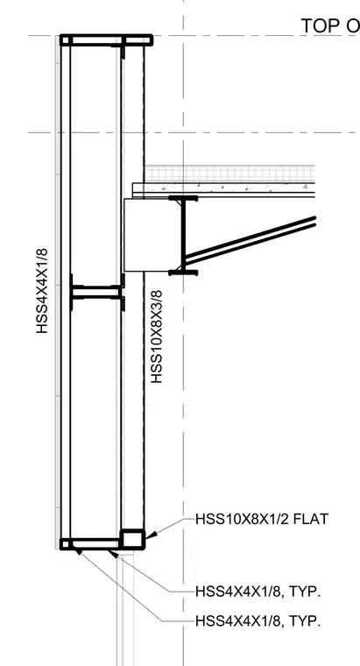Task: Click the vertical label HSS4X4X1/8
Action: [42, 291]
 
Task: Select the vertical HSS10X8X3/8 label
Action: [157, 337]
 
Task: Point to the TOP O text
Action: [330, 26]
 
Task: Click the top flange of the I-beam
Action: [183, 198]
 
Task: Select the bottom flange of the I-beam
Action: [183, 273]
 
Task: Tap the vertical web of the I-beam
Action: [183, 236]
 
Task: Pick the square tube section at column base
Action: [132, 540]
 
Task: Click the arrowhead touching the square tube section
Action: [149, 535]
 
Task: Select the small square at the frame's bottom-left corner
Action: [66, 543]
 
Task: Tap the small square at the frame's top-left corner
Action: [66, 40]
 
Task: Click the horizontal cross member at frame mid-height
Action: [97, 292]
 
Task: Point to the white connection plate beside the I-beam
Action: [146, 235]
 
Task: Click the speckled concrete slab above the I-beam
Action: [223, 188]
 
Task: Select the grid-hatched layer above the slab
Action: [229, 174]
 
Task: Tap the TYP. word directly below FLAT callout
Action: [305, 592]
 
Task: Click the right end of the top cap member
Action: [152, 40]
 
